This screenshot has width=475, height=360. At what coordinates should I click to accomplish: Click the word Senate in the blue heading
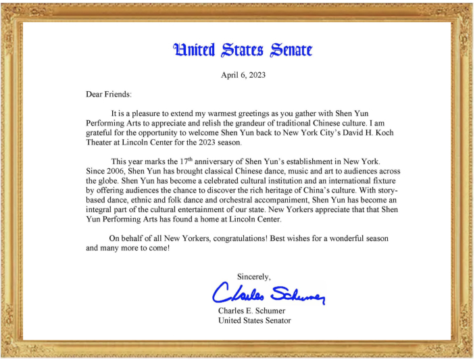pos(291,50)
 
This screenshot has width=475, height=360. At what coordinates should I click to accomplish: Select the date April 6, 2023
pos(243,75)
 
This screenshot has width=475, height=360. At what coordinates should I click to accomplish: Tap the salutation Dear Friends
pos(108,95)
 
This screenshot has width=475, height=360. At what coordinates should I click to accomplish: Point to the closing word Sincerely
pos(254,276)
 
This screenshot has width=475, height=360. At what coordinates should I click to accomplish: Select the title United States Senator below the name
pos(254,321)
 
